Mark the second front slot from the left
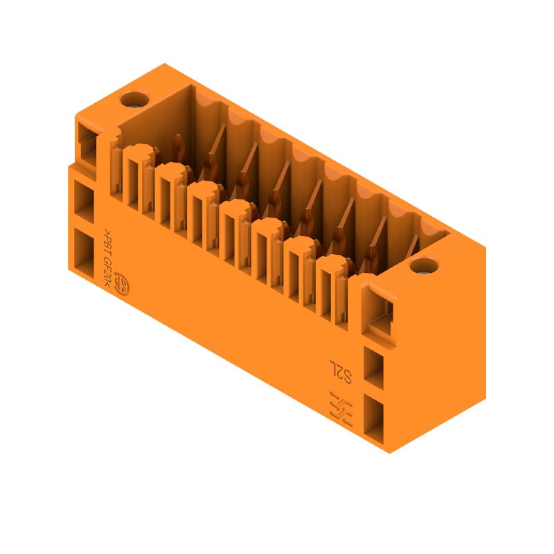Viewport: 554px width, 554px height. (x=165, y=197)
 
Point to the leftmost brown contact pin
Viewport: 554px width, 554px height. (x=178, y=148)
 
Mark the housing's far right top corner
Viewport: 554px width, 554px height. (x=485, y=247)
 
